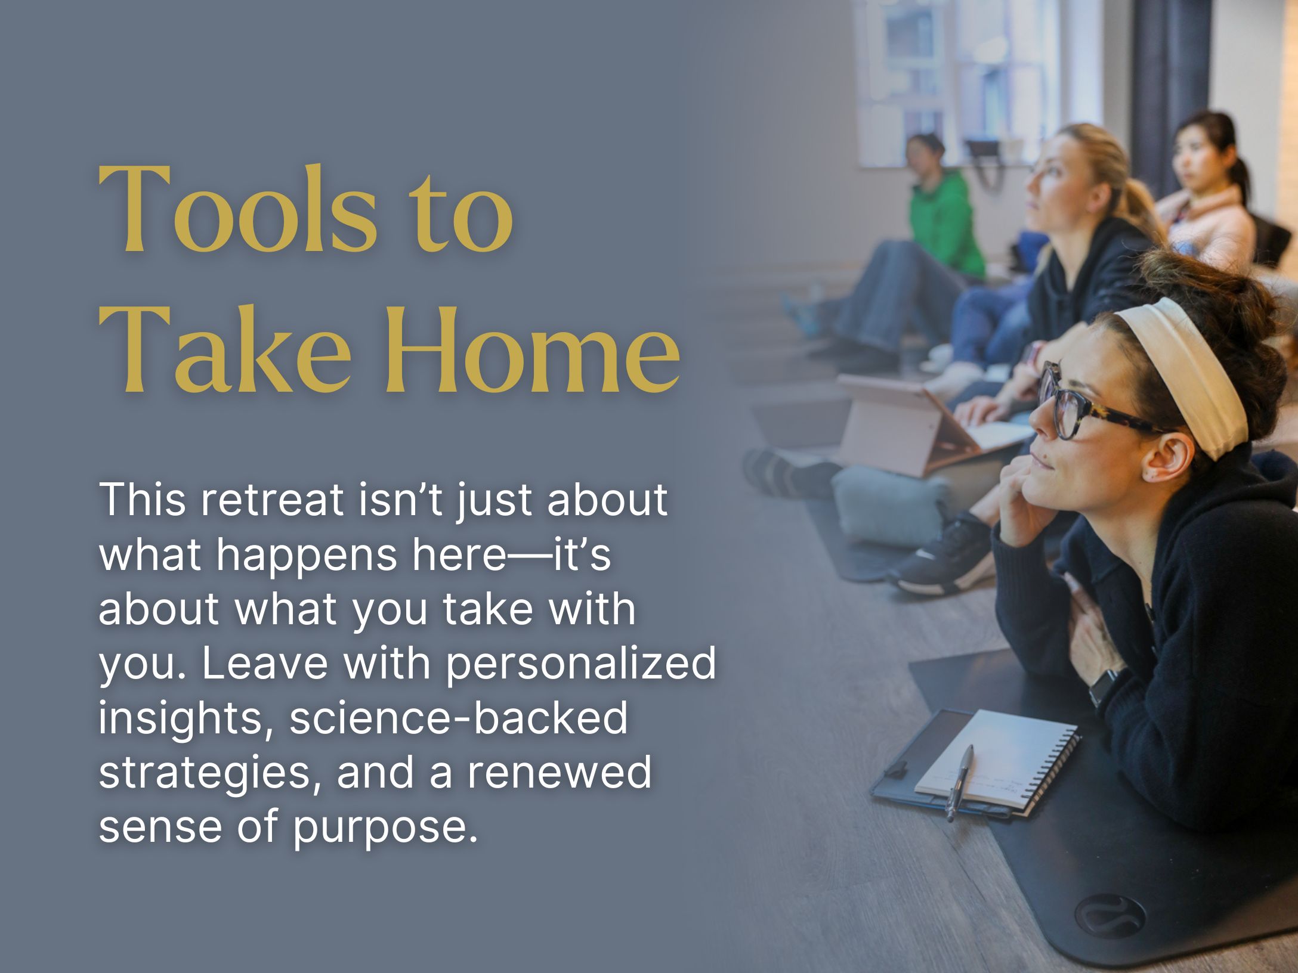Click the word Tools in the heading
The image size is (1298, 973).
pyautogui.click(x=237, y=212)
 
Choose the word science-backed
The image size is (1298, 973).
pyautogui.click(x=459, y=718)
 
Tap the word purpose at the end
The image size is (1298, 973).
pyautogui.click(x=385, y=828)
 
